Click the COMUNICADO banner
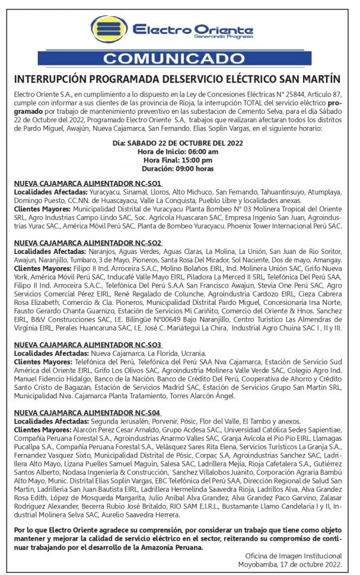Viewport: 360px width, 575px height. pos(180,59)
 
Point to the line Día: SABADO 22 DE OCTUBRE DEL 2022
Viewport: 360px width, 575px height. pos(179,143)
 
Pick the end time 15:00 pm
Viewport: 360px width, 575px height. pos(198,160)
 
